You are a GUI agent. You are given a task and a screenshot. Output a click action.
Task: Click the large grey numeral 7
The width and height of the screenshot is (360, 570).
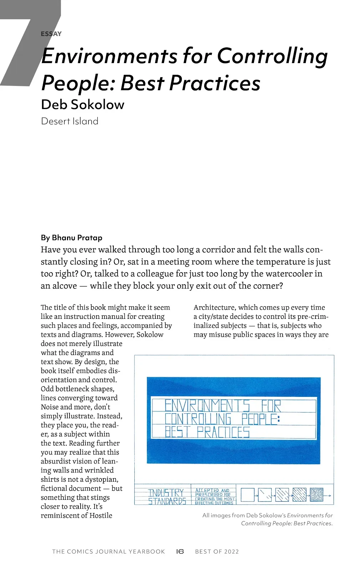pos(25,46)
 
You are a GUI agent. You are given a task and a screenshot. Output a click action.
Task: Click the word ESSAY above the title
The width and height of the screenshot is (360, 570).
pos(51,34)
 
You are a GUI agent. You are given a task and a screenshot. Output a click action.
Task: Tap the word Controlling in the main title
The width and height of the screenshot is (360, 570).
pos(272,56)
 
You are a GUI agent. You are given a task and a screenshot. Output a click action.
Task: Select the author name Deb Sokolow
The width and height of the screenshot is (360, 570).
pos(83,104)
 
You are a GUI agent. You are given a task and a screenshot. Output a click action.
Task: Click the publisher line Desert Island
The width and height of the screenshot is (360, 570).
pos(70,121)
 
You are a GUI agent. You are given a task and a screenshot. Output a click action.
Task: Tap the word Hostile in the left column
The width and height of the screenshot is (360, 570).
pos(101,515)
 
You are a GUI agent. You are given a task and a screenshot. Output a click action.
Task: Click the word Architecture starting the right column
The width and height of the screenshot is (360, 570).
pos(214,307)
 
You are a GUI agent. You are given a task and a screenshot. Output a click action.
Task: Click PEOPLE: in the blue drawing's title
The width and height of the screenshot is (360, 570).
pos(261,419)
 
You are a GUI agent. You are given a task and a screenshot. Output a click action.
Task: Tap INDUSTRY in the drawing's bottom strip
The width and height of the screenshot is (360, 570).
pos(166,493)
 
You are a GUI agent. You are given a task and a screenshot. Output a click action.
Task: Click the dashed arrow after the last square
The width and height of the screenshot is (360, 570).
pos(328,496)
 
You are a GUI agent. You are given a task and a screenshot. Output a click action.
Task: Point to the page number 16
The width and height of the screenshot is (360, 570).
pos(180,551)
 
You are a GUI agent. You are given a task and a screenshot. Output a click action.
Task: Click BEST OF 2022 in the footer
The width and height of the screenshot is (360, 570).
pos(217,551)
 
